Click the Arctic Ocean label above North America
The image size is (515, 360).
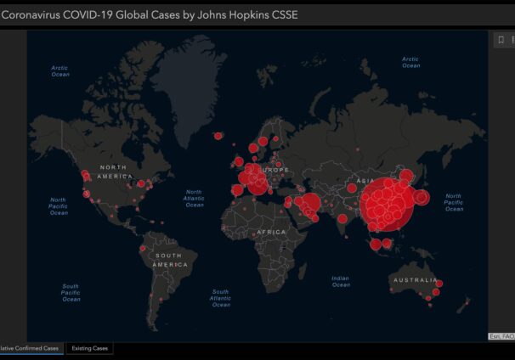(59, 71)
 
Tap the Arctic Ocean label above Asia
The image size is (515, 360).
(410, 62)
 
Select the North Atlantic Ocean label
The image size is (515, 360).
(195, 198)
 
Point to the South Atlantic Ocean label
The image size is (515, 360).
(220, 298)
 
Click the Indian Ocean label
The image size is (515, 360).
(341, 281)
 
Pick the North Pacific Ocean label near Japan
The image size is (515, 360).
(454, 202)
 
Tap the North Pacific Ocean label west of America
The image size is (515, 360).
(59, 205)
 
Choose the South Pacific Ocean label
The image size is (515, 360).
(71, 292)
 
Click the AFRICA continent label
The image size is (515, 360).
(272, 232)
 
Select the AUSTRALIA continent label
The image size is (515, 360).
(414, 280)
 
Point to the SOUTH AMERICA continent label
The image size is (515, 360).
(169, 260)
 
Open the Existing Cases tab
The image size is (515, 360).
(88, 348)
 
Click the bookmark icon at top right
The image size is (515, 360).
(500, 41)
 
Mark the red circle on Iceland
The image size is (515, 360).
(218, 136)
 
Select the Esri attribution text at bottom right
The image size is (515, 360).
(501, 336)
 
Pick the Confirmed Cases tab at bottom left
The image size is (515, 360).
(30, 348)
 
